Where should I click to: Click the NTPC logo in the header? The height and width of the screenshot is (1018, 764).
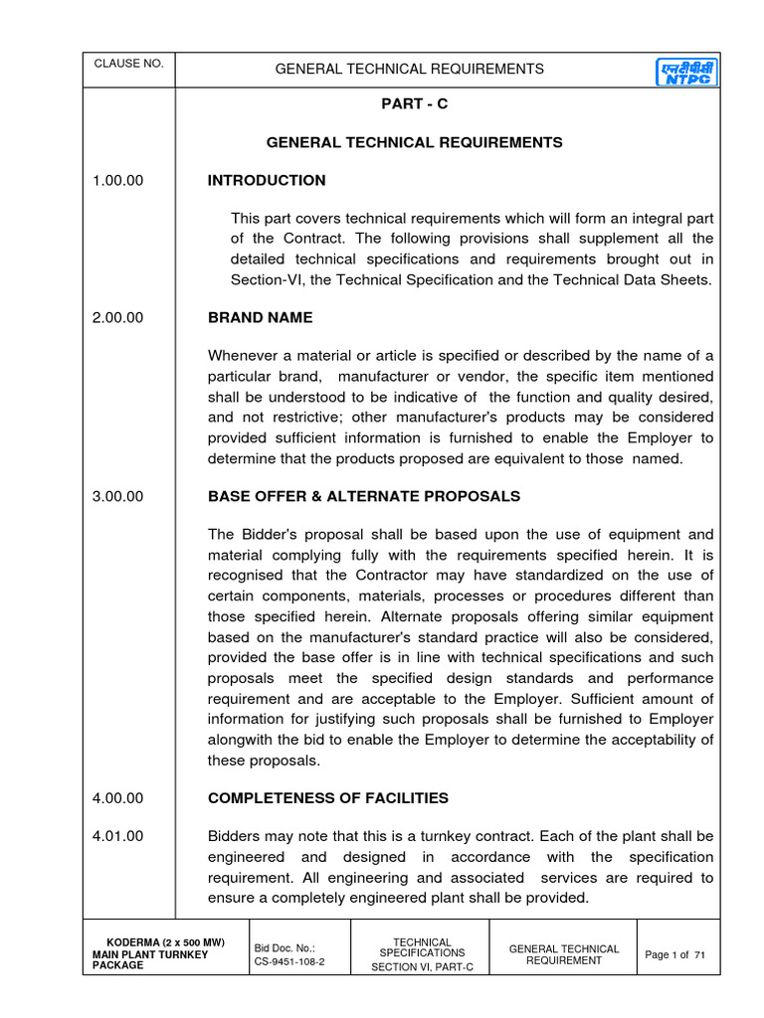687,71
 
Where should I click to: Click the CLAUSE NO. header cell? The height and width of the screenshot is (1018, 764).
128,64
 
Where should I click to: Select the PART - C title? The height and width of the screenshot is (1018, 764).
414,104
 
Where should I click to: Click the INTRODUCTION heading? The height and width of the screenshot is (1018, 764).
266,181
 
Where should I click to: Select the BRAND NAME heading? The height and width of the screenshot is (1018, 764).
260,318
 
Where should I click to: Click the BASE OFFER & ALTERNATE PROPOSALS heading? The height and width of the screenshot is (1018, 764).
363,496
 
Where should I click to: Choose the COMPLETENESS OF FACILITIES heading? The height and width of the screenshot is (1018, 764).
327,798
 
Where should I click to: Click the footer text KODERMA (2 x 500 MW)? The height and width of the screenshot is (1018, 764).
165,942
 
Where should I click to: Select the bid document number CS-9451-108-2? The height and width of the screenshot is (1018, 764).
289,963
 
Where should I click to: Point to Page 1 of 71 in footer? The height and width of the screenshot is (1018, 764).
675,954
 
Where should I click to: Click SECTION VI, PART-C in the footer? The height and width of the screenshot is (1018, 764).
422,968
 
